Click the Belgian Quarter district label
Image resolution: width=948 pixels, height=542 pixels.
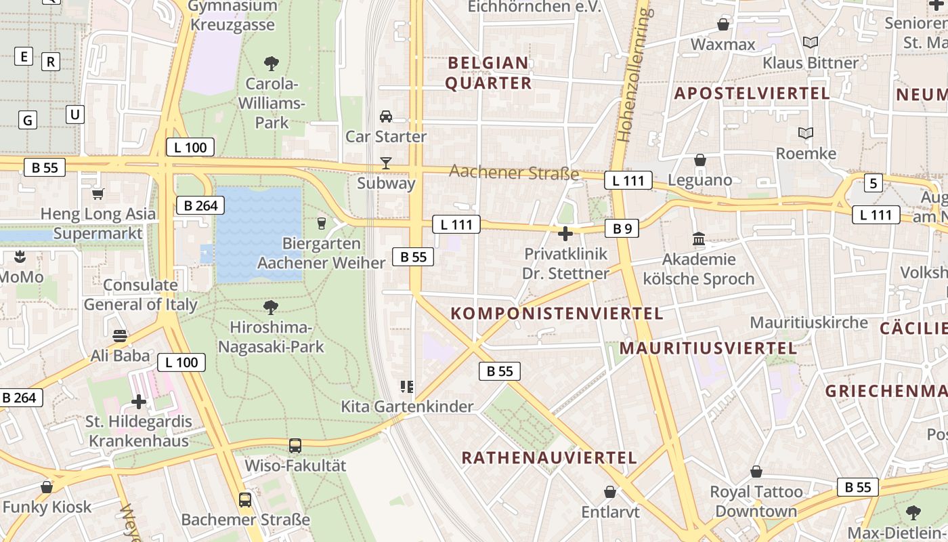489,73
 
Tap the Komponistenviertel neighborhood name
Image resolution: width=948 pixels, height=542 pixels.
557,314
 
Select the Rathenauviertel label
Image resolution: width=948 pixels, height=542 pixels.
549,458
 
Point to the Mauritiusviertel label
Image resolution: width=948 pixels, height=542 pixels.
708,349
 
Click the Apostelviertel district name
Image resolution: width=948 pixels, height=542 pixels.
752,93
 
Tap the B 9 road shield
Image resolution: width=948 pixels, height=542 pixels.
622,229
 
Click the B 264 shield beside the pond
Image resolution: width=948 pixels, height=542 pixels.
200,205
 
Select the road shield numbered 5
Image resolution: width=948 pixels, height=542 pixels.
874,183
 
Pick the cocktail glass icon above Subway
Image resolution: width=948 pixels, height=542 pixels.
386,163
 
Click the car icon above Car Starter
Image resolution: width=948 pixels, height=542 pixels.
386,117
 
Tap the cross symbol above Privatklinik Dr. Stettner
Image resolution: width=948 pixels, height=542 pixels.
565,234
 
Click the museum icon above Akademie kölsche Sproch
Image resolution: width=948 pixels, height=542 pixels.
699,239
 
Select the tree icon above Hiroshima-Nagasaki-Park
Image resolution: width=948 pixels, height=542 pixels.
271,308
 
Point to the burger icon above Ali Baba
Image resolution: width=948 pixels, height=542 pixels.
121,336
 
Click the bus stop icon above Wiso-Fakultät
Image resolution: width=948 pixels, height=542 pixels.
295,446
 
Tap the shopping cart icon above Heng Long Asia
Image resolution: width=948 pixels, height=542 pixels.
98,194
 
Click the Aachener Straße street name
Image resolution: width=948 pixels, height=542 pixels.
514,173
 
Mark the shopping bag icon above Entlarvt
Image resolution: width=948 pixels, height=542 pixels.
610,492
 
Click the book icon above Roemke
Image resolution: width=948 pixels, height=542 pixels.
806,133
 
